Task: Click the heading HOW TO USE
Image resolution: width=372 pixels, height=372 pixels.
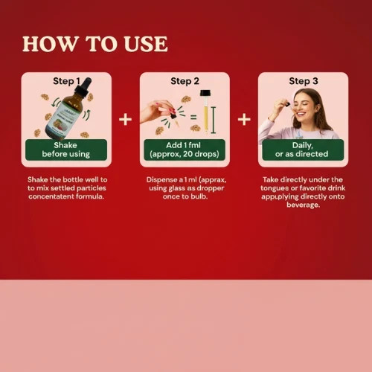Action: pos(95,44)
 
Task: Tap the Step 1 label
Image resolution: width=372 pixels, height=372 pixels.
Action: pos(66,81)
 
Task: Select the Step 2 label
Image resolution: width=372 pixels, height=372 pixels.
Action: pos(185,81)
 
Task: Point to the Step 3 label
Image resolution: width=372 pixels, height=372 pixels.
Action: pos(304,81)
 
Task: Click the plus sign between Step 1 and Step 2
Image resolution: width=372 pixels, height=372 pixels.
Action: pos(125,119)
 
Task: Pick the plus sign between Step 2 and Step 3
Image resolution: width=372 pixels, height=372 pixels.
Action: pos(244,119)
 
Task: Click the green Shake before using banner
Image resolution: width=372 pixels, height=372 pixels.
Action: pos(66,150)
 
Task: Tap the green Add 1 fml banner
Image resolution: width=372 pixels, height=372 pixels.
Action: pos(185,150)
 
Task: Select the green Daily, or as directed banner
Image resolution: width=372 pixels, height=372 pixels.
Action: pos(303,150)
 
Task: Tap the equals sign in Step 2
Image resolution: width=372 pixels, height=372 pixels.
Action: pos(193,117)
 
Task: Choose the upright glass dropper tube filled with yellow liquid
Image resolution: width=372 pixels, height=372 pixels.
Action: pos(205,111)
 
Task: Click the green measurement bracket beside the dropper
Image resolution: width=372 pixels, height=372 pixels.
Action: pos(214,120)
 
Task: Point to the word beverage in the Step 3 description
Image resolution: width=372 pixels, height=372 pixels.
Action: pos(303,205)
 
